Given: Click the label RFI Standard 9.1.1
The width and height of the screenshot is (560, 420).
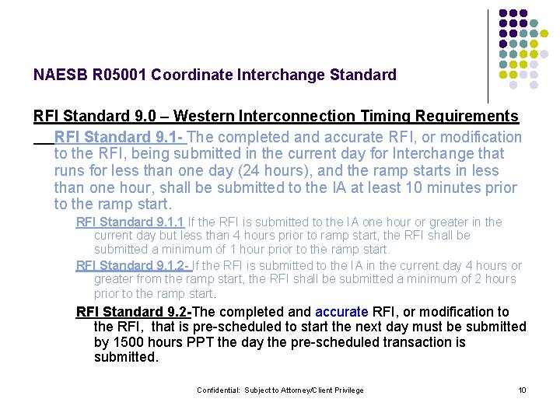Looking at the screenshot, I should pyautogui.click(x=130, y=222).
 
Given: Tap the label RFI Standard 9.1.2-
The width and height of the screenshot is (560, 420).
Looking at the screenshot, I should pyautogui.click(x=134, y=266).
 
